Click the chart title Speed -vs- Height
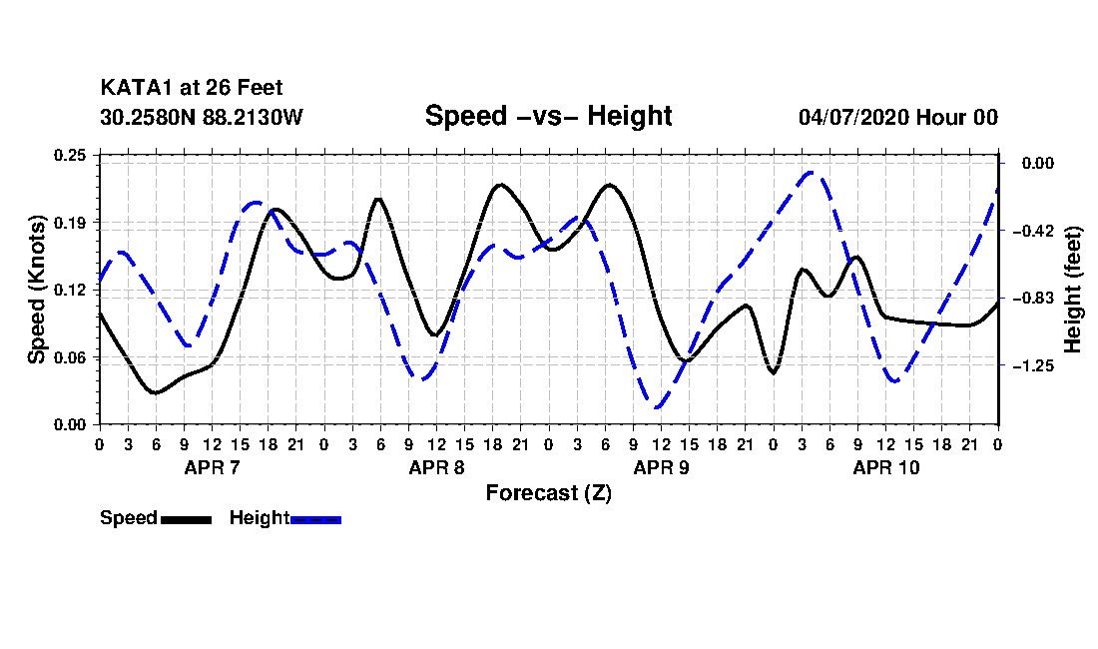[548, 116]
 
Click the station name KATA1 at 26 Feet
[192, 88]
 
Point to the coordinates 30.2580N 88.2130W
[201, 117]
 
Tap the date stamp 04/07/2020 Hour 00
[897, 117]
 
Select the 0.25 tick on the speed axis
[70, 155]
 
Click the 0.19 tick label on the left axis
[70, 223]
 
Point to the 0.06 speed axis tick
[70, 357]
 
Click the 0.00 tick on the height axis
[1037, 163]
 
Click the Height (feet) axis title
[1072, 290]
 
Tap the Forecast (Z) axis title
[549, 493]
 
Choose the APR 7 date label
[212, 467]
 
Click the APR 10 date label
[885, 467]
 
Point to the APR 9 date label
[661, 467]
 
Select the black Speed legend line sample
[187, 519]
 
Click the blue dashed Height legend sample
[315, 519]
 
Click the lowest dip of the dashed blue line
[657, 407]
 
